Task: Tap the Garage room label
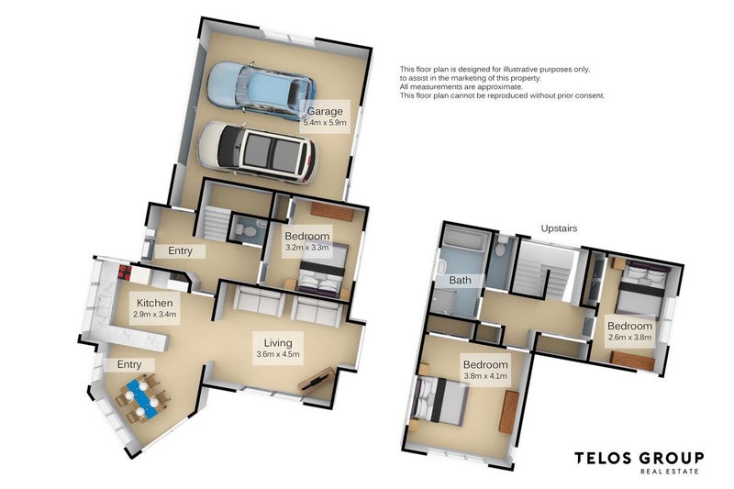pyautogui.click(x=325, y=111)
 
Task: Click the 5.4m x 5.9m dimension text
pyautogui.click(x=325, y=123)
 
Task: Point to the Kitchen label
pyautogui.click(x=154, y=303)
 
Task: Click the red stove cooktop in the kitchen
pyautogui.click(x=125, y=272)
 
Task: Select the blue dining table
pyautogui.click(x=141, y=399)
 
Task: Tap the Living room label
pyautogui.click(x=278, y=343)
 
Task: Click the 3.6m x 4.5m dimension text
pyautogui.click(x=278, y=354)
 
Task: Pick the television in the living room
pyautogui.click(x=317, y=379)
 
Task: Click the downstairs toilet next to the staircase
pyautogui.click(x=246, y=229)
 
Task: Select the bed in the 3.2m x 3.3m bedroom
pyautogui.click(x=322, y=271)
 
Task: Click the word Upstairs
pyautogui.click(x=559, y=228)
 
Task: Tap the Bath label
pyautogui.click(x=461, y=281)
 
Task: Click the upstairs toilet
pyautogui.click(x=502, y=247)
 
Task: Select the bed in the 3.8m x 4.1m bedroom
pyautogui.click(x=439, y=402)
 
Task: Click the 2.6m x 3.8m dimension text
pyautogui.click(x=629, y=337)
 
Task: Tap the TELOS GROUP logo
pyautogui.click(x=639, y=462)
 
